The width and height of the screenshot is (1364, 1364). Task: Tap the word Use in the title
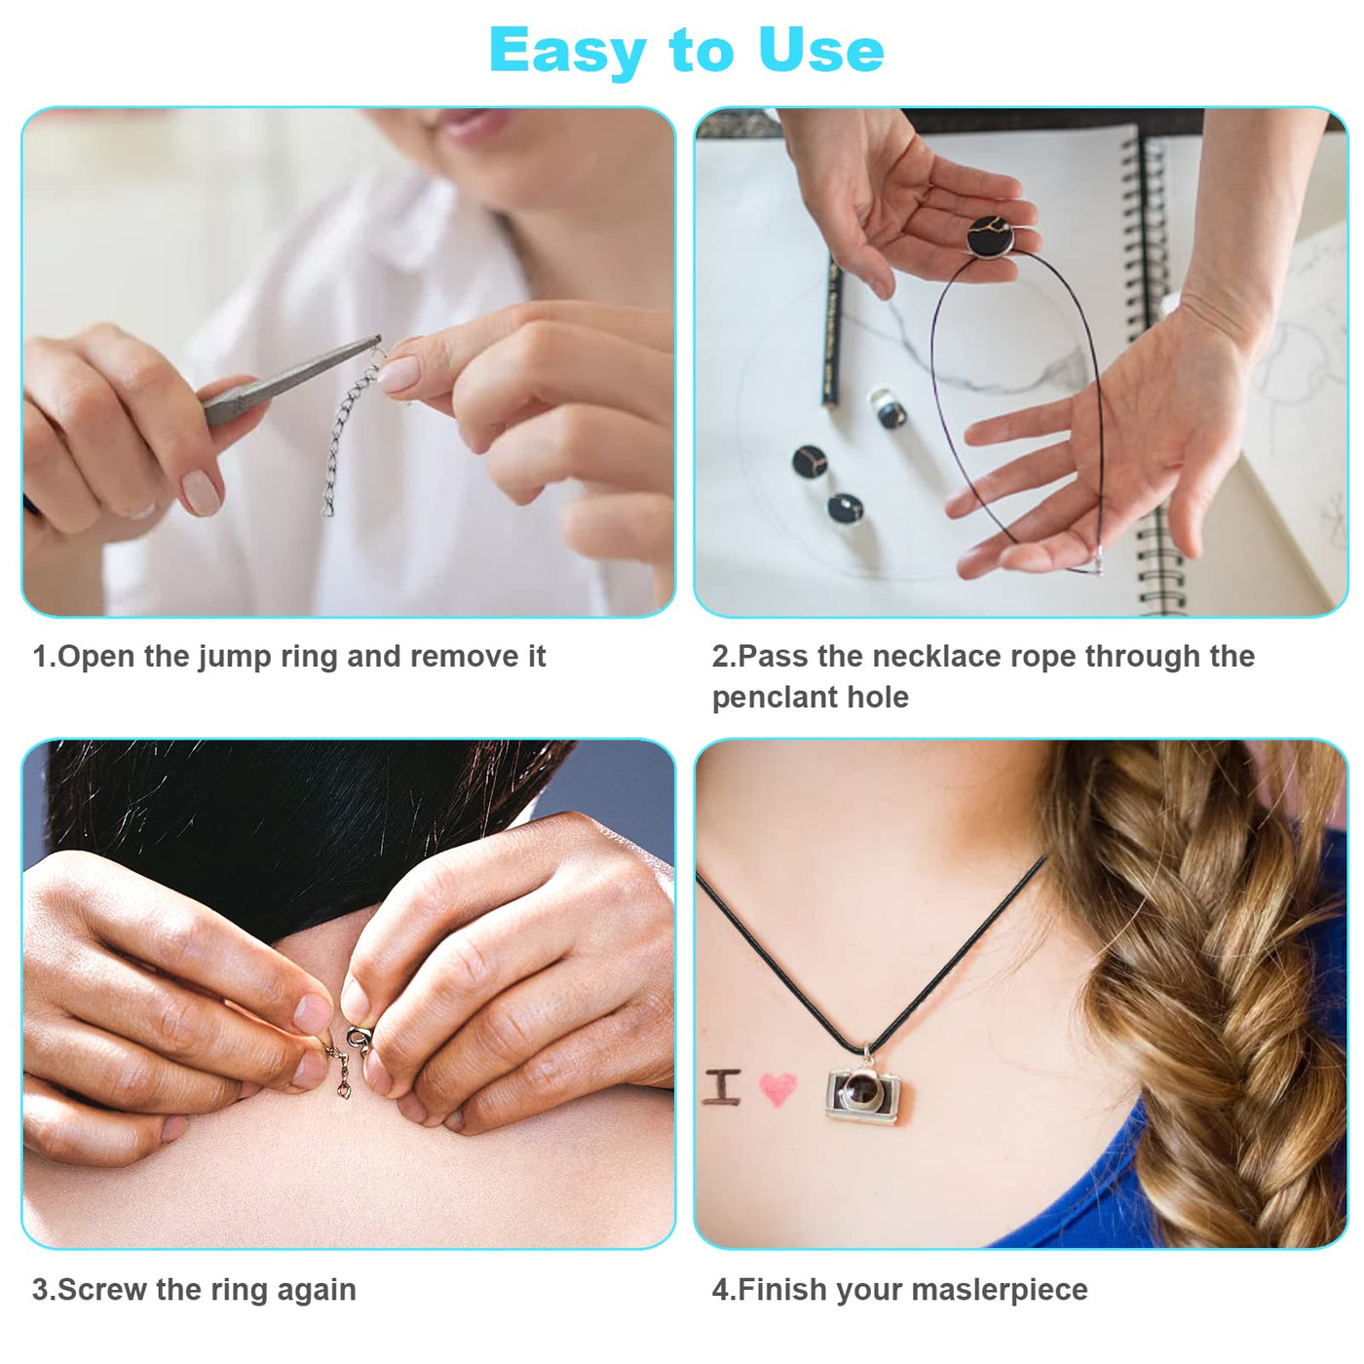click(x=820, y=50)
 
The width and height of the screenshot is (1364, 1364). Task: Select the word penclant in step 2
click(x=774, y=698)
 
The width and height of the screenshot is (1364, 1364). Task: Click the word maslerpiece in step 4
click(x=999, y=1290)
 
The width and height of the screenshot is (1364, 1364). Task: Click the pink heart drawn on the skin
click(x=777, y=1088)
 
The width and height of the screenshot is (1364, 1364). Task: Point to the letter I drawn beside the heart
click(x=722, y=1086)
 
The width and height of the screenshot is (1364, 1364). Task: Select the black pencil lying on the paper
click(x=832, y=332)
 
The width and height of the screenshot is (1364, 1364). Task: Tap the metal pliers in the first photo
click(x=290, y=381)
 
